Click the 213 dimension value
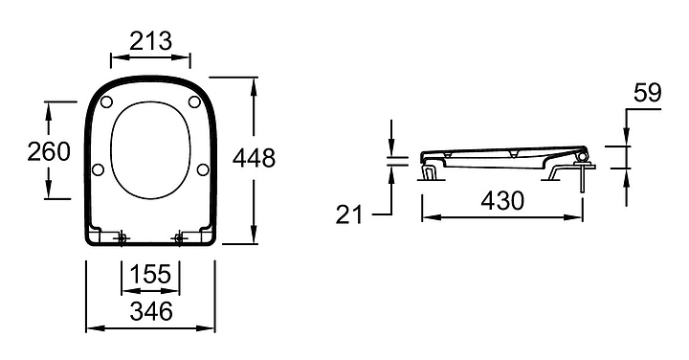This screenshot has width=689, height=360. [151, 41]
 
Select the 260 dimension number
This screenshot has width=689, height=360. [49, 151]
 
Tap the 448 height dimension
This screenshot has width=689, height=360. [254, 158]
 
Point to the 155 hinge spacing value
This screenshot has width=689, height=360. [150, 274]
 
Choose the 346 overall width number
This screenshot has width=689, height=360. [151, 311]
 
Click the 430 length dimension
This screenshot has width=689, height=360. [502, 200]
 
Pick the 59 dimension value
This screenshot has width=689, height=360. [647, 93]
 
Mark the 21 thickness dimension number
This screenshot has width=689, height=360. [350, 214]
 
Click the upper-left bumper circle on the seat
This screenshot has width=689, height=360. [106, 102]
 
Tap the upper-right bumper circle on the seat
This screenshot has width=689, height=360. [194, 102]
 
